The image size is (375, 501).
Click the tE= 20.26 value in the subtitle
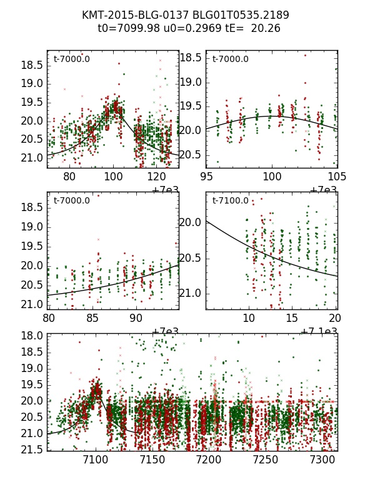pyautogui.click(x=250, y=28)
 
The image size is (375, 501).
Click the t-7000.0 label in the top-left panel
pyautogui.click(x=71, y=59)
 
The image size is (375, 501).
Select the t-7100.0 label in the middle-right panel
pyautogui.click(x=230, y=201)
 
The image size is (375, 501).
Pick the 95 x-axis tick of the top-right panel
pyautogui.click(x=206, y=177)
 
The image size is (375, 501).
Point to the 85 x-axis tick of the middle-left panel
pyautogui.click(x=92, y=319)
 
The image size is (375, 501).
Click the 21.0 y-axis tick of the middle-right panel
pyautogui.click(x=191, y=293)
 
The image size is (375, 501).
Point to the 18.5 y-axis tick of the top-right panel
pyautogui.click(x=191, y=58)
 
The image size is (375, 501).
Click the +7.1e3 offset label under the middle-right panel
pyautogui.click(x=319, y=332)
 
